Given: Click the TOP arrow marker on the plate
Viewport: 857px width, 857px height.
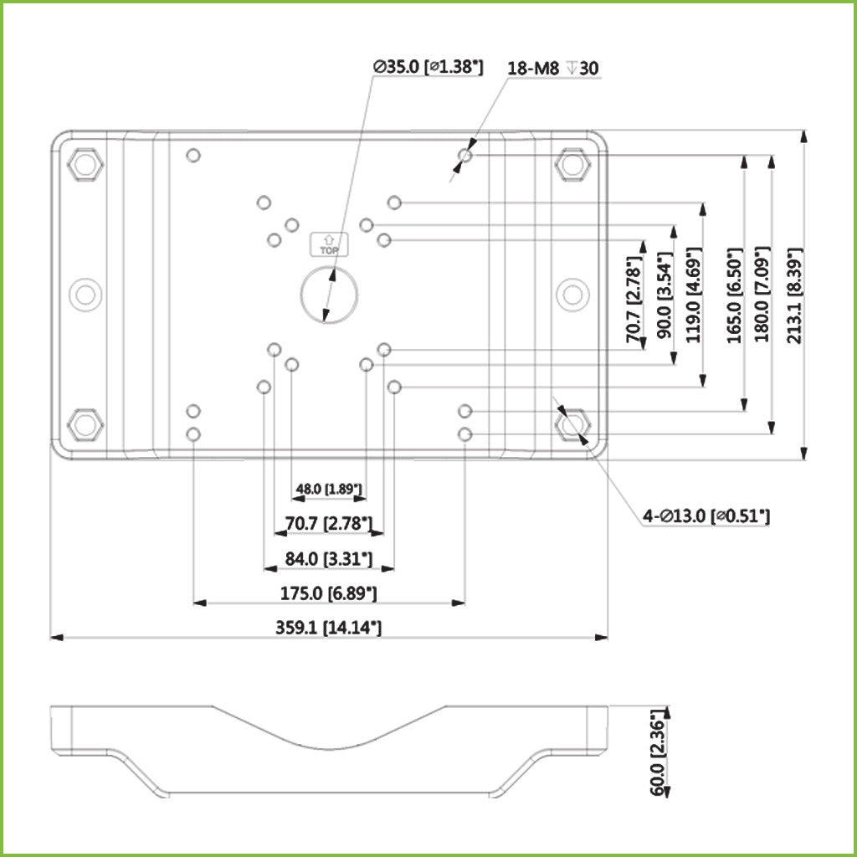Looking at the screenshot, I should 329,243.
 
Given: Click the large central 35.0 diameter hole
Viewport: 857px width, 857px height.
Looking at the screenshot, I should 329,294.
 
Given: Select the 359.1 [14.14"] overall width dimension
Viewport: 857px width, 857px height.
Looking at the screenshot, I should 328,627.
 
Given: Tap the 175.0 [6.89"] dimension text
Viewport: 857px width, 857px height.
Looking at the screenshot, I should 328,593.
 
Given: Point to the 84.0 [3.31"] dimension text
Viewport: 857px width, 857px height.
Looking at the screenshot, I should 328,558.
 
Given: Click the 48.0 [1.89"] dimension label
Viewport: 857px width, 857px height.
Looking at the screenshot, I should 328,489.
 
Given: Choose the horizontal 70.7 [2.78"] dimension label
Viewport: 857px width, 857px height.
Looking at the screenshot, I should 328,525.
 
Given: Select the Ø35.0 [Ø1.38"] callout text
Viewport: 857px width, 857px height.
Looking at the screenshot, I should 428,68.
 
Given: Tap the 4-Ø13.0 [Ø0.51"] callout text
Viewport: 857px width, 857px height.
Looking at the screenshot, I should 706,517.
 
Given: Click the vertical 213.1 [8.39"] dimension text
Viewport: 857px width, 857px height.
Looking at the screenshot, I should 794,295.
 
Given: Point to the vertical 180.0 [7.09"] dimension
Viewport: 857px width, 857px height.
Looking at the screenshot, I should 761,295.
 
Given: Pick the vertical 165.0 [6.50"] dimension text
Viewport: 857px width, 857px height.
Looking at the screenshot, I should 734,295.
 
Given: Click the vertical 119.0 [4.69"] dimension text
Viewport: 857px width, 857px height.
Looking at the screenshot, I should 692,295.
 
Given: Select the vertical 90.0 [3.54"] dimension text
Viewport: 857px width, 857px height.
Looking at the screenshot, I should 665,295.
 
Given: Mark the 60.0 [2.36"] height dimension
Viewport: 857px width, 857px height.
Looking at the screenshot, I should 659,751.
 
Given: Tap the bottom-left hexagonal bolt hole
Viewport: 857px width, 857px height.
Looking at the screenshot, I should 85,424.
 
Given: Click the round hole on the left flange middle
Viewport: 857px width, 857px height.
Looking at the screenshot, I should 85,294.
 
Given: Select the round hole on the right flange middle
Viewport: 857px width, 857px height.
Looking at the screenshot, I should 572,294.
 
